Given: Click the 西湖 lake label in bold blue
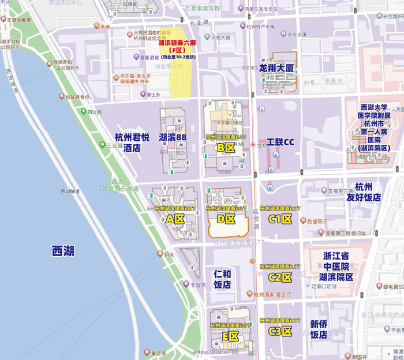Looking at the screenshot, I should tap(63, 251).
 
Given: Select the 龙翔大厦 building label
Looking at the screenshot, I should tap(276, 68).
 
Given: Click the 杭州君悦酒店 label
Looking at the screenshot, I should tap(128, 142).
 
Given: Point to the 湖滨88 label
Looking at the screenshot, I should tap(173, 137).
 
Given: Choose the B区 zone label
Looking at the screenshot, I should tap(226, 148).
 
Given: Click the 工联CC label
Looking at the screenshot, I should tap(280, 142).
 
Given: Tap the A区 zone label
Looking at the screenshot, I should tap(175, 219).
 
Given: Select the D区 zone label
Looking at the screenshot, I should tap(226, 219).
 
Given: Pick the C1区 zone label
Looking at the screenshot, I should tap(280, 219).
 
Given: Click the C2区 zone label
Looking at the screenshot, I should tap(280, 277).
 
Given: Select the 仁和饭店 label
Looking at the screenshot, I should tap(222, 279).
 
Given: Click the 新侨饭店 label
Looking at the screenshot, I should tap(319, 329).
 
